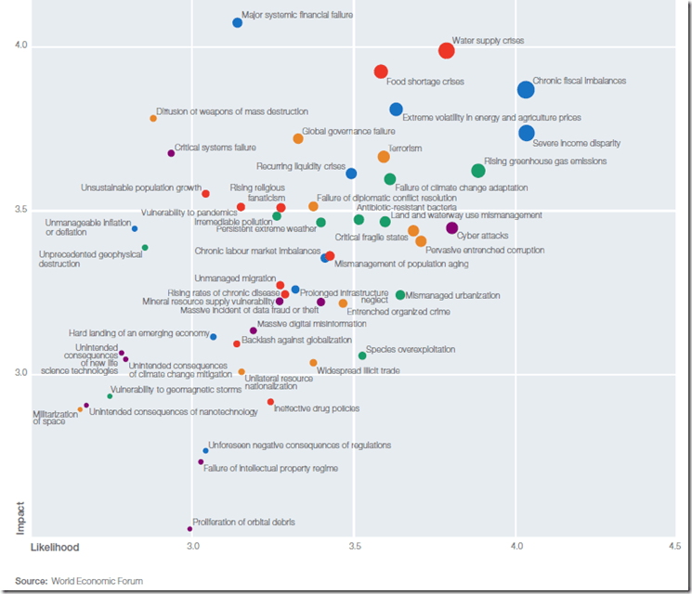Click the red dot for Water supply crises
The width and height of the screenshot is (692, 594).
coord(446,50)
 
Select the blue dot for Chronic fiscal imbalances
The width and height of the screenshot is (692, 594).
coord(526,89)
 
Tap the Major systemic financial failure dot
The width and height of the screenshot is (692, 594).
coord(238,22)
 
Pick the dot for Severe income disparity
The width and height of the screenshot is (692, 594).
coord(527,133)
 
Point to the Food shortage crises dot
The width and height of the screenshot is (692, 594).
coord(381,71)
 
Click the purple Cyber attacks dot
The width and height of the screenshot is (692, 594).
coord(452,227)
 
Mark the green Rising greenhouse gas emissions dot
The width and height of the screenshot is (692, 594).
coord(478,171)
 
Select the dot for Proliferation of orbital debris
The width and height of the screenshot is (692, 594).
coord(189,529)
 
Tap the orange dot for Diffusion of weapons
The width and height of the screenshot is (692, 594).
coord(153,118)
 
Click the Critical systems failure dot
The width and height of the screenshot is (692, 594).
coord(171,153)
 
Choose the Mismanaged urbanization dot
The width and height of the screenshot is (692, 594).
coord(400,295)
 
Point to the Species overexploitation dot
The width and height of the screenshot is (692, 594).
coord(362,355)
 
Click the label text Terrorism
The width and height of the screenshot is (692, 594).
coord(404,148)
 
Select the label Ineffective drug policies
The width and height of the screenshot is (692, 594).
coord(316,408)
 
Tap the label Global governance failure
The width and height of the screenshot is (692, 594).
coord(348,132)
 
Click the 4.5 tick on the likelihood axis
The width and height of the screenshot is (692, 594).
coord(673,548)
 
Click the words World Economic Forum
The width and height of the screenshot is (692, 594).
coord(97,581)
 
